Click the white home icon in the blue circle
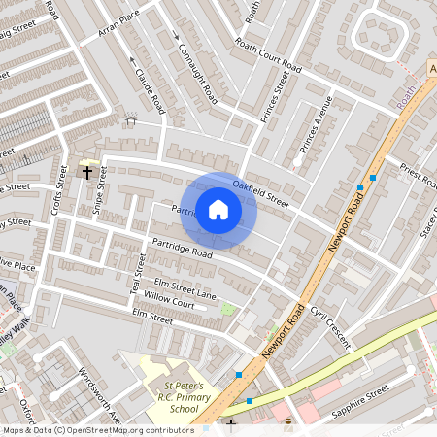218,209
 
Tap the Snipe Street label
99,190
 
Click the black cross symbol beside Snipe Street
87,173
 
